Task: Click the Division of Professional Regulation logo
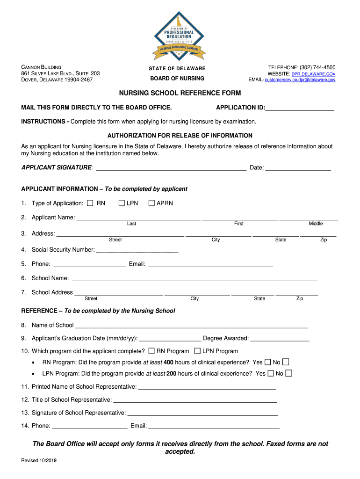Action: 180,36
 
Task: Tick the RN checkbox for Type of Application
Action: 90,203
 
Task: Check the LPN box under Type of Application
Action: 122,203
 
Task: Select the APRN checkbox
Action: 151,203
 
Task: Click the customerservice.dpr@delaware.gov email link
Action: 300,80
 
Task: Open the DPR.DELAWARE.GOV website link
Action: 313,74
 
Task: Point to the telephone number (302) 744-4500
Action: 317,67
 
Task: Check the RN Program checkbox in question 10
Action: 151,351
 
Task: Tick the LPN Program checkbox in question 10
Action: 197,351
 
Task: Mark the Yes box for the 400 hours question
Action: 268,362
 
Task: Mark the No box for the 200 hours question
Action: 289,373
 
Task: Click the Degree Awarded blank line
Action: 280,339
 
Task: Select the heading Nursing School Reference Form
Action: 180,93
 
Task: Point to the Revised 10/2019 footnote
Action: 39,460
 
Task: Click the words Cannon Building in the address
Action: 42,67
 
